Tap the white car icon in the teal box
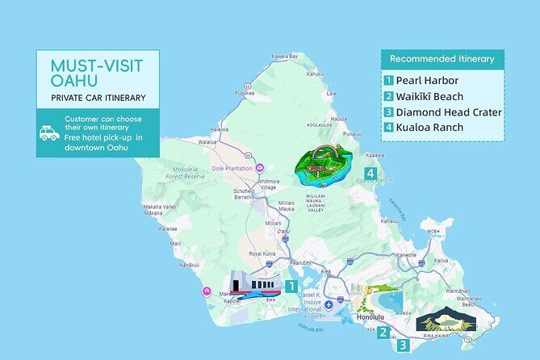pyautogui.click(x=49, y=132)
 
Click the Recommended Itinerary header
pyautogui.click(x=442, y=59)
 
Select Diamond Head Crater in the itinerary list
pyautogui.click(x=442, y=111)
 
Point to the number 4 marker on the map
pyautogui.click(x=370, y=173)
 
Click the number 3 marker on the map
pyautogui.click(x=402, y=345)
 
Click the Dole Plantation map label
pyautogui.click(x=234, y=169)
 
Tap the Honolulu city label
pyautogui.click(x=370, y=317)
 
